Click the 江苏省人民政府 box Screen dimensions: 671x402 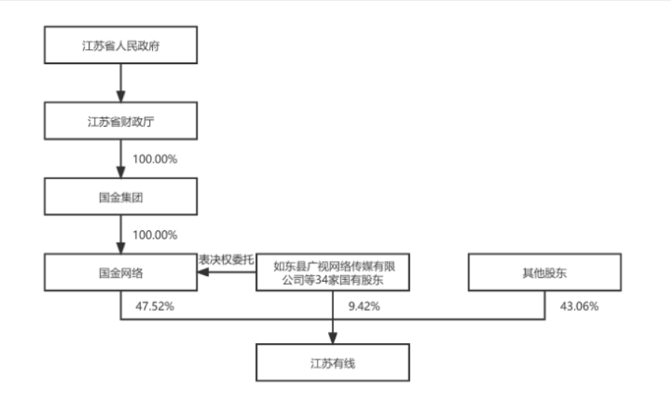point(121,45)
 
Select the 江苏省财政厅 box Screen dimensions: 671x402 point(121,121)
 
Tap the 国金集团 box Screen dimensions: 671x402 point(121,196)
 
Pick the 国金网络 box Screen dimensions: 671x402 point(121,272)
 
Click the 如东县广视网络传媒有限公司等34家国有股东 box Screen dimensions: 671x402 point(333,272)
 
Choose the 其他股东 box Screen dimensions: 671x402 point(545,272)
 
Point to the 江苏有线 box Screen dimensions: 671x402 point(333,362)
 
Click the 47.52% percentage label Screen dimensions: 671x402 point(154,307)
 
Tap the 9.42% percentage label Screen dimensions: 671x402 point(364,307)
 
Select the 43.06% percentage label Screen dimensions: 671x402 point(579,307)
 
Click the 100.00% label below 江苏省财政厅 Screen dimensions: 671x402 point(155,160)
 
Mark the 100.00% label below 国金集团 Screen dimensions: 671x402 point(155,235)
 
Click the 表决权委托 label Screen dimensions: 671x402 point(226,260)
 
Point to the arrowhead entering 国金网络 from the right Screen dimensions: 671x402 point(203,272)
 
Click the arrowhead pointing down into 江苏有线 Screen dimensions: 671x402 point(333,338)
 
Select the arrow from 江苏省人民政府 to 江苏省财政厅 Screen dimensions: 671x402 point(121,83)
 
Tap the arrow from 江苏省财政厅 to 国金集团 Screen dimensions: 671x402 point(121,159)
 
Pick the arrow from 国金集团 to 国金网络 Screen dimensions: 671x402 point(121,235)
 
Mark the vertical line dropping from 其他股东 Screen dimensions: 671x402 point(545,305)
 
